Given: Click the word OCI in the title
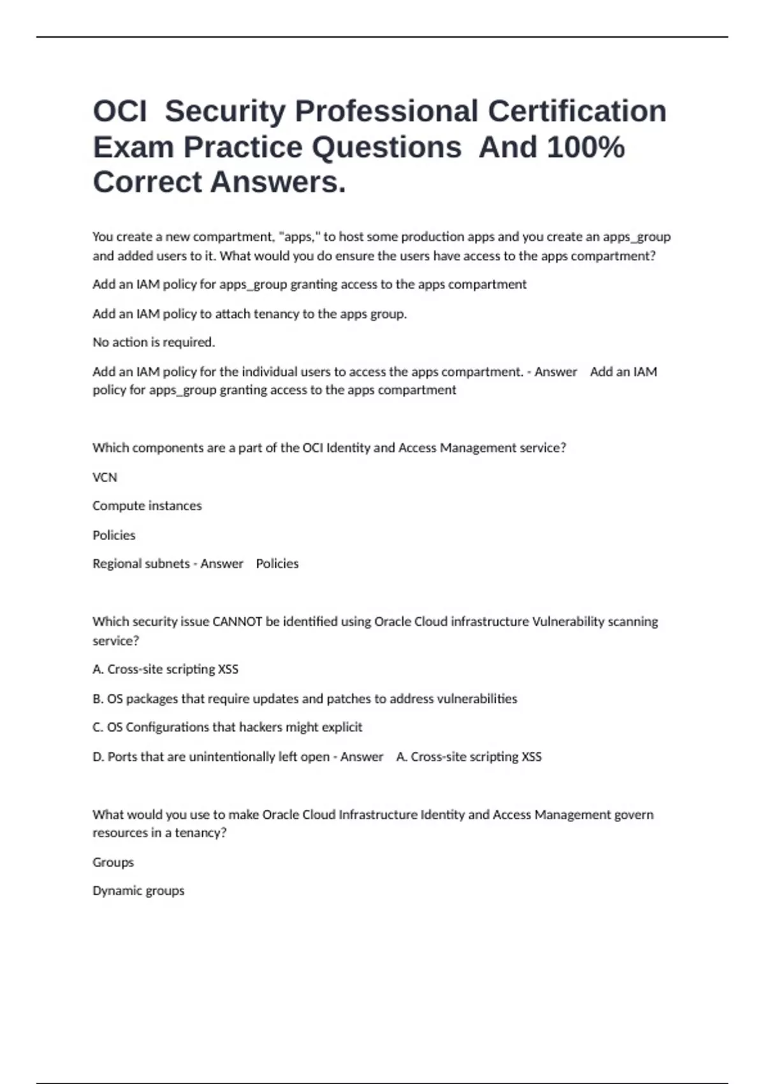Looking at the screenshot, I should pos(120,111).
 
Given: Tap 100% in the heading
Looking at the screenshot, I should pos(585,147).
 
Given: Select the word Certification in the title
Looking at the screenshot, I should pos(577,111).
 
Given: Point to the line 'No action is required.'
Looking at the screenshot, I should pos(154,342).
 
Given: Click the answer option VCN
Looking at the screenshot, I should pos(105,477).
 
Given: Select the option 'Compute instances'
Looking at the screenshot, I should pos(147,506).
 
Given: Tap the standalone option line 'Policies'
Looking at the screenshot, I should pos(113,535).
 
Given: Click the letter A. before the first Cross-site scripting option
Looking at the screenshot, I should pos(98,670).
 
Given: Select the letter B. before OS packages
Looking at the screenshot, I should pos(98,699).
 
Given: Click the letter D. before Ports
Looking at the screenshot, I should pos(99,757).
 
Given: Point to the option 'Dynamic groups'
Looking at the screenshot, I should pos(138,891).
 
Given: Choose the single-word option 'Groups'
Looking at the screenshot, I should pos(113,862).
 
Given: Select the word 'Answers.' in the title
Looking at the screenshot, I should pos(278,182).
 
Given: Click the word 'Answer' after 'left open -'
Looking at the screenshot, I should pos(361,757).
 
